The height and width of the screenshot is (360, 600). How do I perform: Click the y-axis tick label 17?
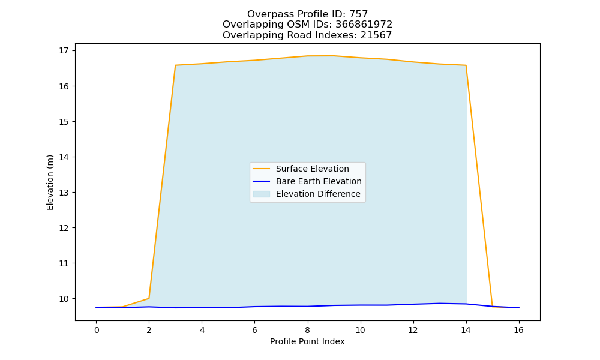(x=64, y=50)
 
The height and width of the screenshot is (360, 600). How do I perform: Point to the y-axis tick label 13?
(x=64, y=193)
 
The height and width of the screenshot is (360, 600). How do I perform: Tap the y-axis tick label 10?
(x=64, y=299)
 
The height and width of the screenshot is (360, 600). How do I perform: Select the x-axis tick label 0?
(x=97, y=330)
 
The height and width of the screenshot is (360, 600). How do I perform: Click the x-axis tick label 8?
(x=307, y=330)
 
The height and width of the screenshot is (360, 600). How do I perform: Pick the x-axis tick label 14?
(x=466, y=330)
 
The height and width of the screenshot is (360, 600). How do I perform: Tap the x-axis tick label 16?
(x=518, y=330)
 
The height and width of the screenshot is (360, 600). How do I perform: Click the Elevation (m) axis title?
(x=50, y=182)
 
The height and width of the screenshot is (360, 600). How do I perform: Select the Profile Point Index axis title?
(x=307, y=341)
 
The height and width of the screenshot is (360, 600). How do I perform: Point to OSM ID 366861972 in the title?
(x=364, y=25)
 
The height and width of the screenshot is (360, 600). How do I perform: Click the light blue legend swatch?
(x=262, y=194)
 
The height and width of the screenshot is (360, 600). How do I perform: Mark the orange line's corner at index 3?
(x=175, y=65)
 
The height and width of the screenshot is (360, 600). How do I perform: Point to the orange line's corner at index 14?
(x=466, y=65)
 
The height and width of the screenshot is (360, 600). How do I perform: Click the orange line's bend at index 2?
(x=149, y=298)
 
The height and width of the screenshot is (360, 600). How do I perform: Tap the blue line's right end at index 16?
(x=518, y=308)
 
